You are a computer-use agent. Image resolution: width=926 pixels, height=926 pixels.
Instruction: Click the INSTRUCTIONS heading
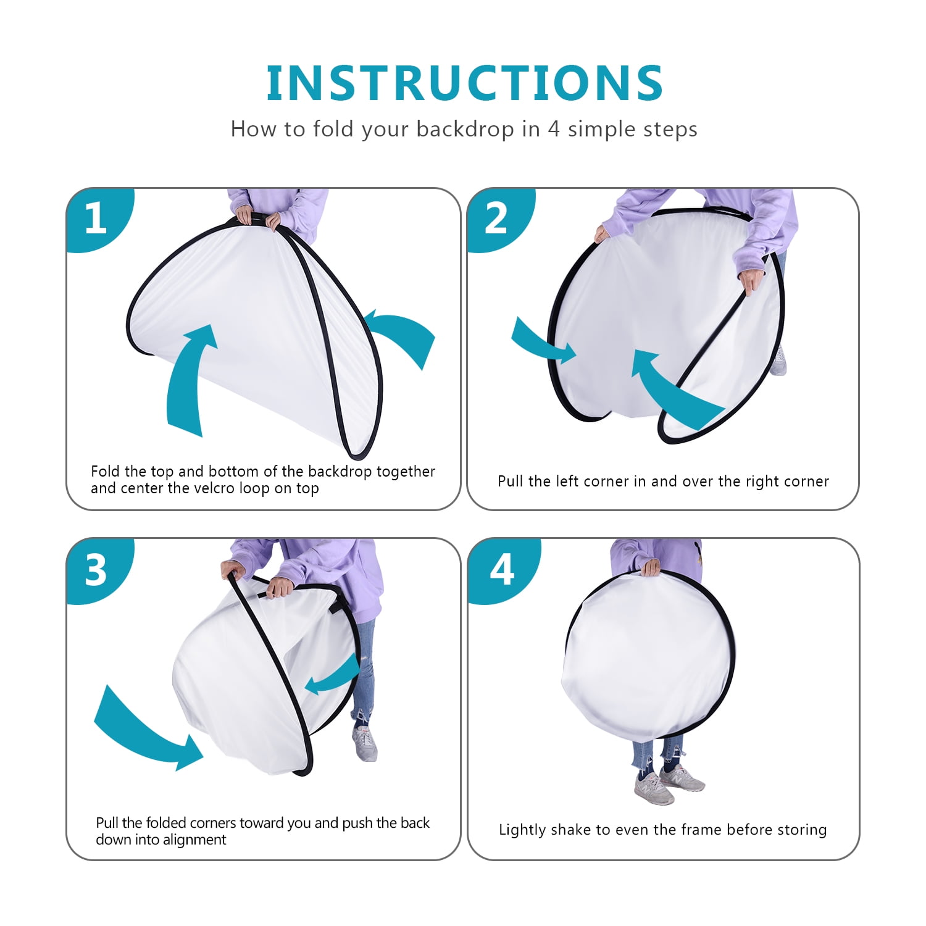[x=464, y=83]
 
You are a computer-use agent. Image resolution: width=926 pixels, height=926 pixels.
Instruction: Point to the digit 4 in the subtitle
[x=554, y=129]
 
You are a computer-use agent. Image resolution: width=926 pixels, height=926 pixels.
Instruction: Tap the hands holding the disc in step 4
[x=649, y=567]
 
